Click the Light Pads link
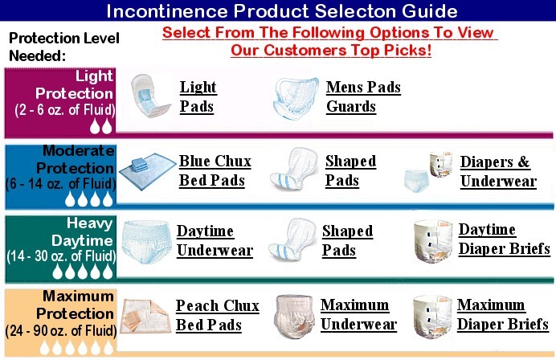coord(198,96)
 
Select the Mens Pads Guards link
coord(363,96)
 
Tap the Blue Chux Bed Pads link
coord(215,170)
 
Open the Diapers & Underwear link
coord(498,171)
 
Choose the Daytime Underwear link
coord(215,240)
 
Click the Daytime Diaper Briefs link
coord(504,239)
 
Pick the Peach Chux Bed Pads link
coord(217,315)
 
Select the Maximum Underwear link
coord(358,315)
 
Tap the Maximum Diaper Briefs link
coord(502,314)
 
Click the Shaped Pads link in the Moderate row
coord(350,170)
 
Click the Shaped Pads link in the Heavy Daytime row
coord(347,240)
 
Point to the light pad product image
coord(149,96)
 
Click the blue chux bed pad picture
coord(147,171)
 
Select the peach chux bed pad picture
coord(145,317)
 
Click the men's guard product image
coord(296,98)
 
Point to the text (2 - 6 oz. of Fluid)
coord(65,109)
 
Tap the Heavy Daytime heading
coord(82,232)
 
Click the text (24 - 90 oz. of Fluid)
coord(61,330)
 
